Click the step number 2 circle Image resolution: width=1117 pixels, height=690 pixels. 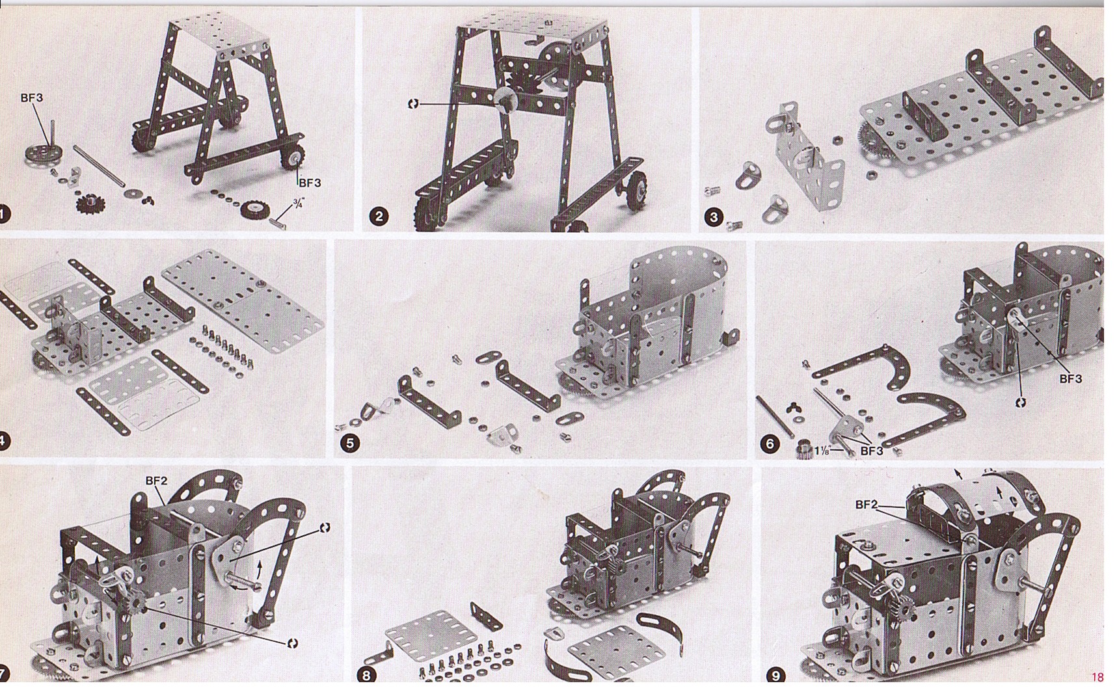[x=379, y=216]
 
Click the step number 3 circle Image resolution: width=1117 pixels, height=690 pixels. [x=714, y=217]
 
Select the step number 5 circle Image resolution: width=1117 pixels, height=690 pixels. [x=350, y=444]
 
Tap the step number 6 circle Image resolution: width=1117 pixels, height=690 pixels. [x=770, y=444]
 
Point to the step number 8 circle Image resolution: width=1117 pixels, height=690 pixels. [x=367, y=675]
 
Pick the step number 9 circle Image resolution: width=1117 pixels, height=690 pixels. [x=775, y=676]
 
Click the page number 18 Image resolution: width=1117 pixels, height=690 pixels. [x=1098, y=677]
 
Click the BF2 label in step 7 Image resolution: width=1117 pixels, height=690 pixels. [x=156, y=481]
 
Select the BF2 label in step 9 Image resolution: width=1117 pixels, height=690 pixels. [x=867, y=504]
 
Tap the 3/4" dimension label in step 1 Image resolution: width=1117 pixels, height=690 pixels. [x=298, y=204]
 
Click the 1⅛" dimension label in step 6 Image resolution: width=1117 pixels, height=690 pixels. [x=822, y=450]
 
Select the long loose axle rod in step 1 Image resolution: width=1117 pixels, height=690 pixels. [x=98, y=166]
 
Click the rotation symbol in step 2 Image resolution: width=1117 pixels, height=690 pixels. [x=413, y=103]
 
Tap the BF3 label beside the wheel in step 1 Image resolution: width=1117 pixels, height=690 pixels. [x=310, y=183]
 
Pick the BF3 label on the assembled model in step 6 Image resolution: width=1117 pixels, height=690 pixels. [x=1070, y=378]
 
